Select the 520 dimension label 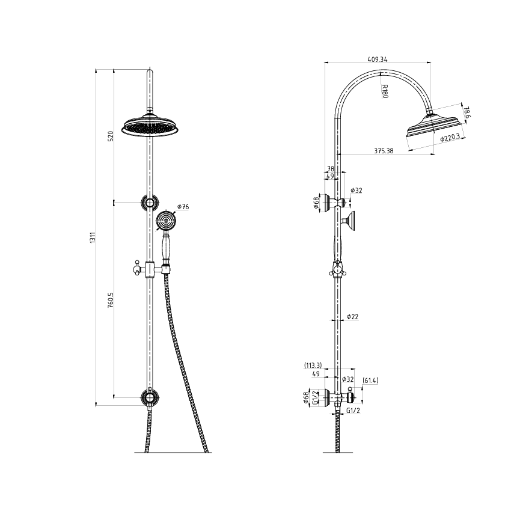click(111, 136)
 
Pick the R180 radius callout click(385, 92)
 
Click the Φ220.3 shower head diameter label click(450, 138)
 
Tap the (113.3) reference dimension click(313, 365)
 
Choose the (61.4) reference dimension click(370, 381)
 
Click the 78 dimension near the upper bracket click(329, 169)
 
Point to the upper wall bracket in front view click(148, 203)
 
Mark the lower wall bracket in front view click(148, 397)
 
